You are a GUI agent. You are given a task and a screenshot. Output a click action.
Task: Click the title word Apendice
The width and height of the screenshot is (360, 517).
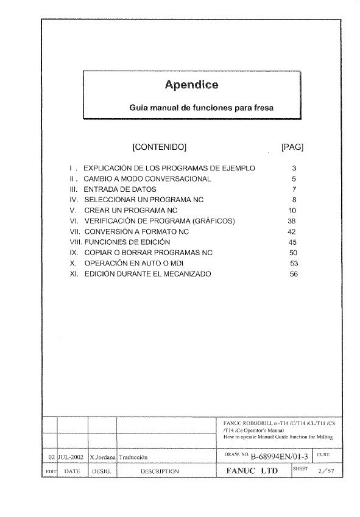coord(192,85)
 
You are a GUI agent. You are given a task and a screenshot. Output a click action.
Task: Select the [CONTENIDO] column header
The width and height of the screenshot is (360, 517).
coord(159,147)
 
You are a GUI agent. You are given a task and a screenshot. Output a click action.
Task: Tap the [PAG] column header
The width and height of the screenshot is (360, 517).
coord(292,147)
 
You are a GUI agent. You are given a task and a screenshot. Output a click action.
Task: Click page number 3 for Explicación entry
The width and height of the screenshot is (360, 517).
coord(293,167)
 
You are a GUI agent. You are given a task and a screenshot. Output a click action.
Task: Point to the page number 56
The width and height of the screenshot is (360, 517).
coord(294,274)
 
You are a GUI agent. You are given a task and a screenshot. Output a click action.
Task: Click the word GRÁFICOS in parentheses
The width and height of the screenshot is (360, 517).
coord(214,220)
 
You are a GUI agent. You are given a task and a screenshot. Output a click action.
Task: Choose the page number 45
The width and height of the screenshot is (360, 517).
coord(293,242)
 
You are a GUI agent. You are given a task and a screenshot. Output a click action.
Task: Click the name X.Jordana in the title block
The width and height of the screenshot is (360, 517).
coord(102,456)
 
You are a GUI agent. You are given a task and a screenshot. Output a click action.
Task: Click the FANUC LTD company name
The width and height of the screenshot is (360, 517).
coord(252,471)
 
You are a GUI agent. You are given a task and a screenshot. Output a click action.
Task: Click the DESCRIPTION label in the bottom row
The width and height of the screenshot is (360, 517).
coord(160,471)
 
